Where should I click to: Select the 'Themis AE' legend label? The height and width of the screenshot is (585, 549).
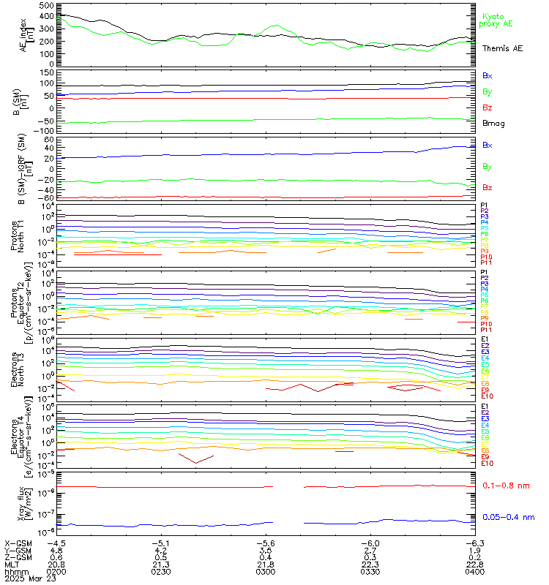pyautogui.click(x=502, y=48)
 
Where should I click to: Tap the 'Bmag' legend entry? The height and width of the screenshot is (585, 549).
pyautogui.click(x=493, y=123)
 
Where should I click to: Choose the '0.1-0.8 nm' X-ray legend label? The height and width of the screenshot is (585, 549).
pyautogui.click(x=507, y=485)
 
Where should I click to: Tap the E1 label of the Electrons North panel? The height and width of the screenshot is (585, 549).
pyautogui.click(x=485, y=340)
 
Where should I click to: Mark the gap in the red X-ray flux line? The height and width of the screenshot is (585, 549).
pyautogui.click(x=289, y=486)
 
